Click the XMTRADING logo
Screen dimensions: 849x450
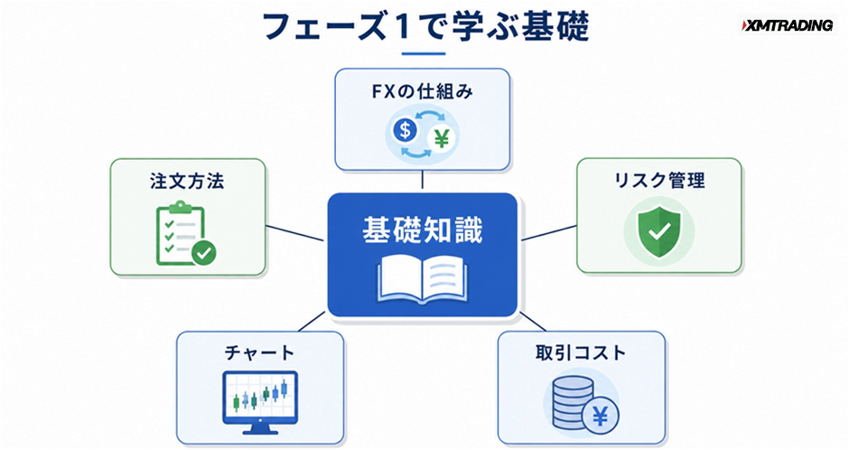(787, 25)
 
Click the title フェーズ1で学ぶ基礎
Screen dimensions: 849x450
(425, 26)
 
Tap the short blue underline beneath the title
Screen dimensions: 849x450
(424, 53)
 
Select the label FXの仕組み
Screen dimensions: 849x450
(423, 91)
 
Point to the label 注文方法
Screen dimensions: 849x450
(187, 181)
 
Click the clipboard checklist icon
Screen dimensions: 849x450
(185, 233)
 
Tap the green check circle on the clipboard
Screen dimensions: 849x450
(203, 253)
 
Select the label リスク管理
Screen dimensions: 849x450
(659, 181)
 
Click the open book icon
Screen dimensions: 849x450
(423, 279)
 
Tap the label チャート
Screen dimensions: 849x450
(259, 353)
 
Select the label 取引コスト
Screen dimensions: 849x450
(581, 353)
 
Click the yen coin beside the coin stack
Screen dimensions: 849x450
(600, 417)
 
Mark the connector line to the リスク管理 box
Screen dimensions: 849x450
(548, 233)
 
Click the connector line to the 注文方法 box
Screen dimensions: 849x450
(295, 233)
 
